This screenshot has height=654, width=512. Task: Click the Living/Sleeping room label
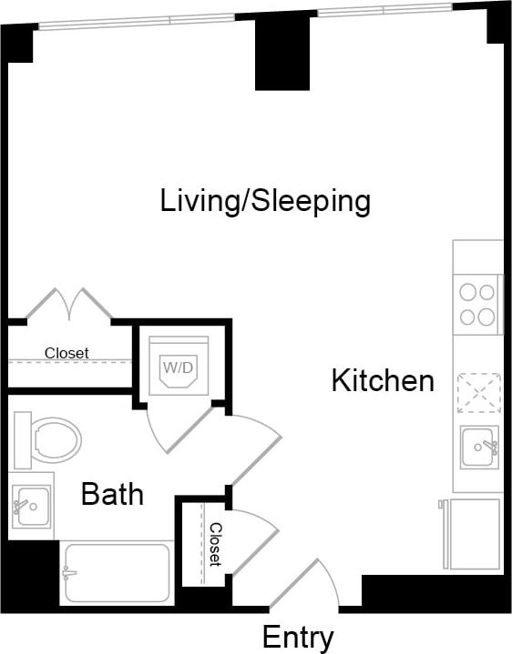[265, 201]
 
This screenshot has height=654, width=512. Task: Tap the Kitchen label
[382, 380]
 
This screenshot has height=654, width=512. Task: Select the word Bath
[112, 494]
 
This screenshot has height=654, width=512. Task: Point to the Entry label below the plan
[298, 637]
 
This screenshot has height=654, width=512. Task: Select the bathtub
[116, 573]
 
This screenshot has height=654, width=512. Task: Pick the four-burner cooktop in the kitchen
[477, 305]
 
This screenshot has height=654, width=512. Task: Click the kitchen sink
[477, 447]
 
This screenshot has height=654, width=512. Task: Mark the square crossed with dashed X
[478, 394]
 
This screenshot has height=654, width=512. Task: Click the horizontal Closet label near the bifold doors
[67, 353]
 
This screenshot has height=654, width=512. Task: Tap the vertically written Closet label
[216, 544]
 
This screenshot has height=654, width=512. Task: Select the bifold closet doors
[69, 304]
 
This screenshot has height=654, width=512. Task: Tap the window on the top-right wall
[383, 9]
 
